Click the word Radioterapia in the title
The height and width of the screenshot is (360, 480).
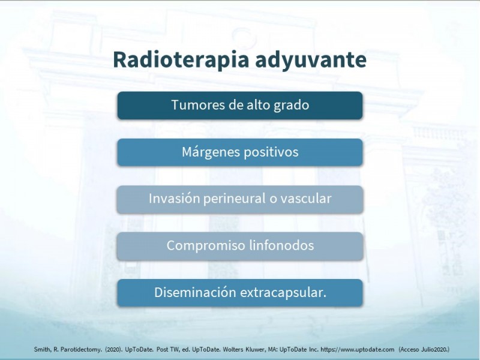click(x=181, y=59)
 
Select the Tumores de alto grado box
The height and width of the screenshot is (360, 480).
click(x=240, y=106)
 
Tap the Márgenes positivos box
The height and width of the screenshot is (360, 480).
click(x=240, y=152)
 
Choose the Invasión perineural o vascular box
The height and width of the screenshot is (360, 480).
click(x=240, y=199)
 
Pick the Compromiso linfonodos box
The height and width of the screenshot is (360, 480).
click(x=240, y=246)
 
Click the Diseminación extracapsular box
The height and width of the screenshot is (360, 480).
click(x=240, y=293)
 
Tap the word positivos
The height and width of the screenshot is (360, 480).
click(x=269, y=152)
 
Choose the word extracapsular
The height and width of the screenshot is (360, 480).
click(x=283, y=293)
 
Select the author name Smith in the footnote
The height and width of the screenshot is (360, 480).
click(x=43, y=350)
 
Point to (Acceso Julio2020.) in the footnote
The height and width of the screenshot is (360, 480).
click(x=424, y=350)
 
